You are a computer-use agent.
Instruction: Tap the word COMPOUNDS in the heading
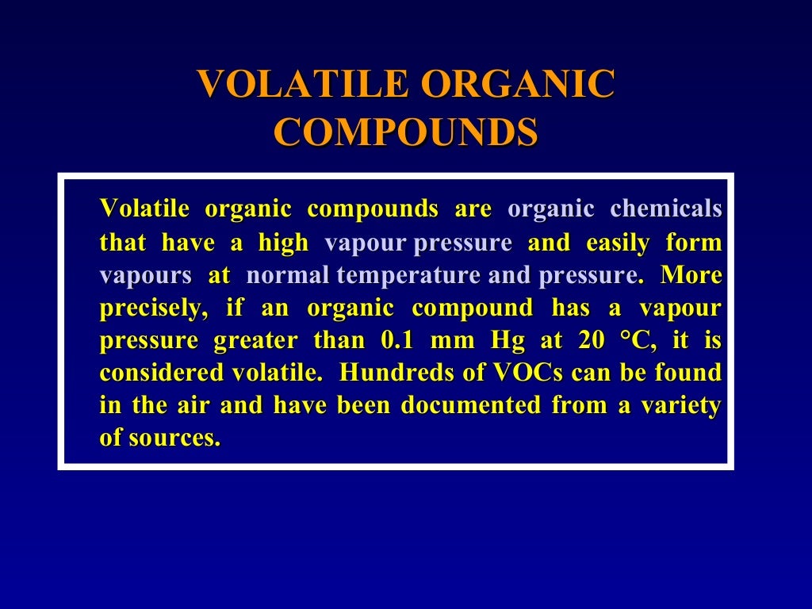tap(405, 132)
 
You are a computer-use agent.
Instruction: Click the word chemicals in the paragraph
tap(666, 209)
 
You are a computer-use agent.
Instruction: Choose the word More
tap(691, 275)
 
